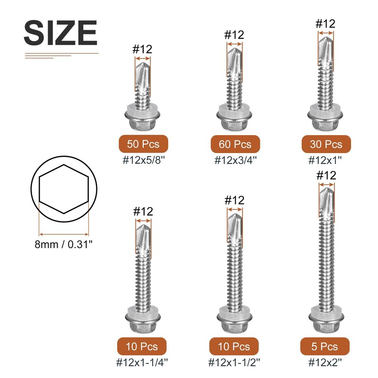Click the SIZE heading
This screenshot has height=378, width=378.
(60, 33)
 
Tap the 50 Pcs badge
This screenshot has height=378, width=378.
(144, 144)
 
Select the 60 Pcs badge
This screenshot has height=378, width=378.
(235, 144)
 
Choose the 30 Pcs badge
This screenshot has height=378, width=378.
(326, 144)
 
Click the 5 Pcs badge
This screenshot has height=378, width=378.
(325, 346)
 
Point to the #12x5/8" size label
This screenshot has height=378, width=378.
(144, 160)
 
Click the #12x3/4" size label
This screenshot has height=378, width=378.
(235, 160)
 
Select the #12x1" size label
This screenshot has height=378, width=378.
(325, 160)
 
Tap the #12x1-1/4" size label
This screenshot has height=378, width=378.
(142, 362)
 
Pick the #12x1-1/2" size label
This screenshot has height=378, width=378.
(234, 362)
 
